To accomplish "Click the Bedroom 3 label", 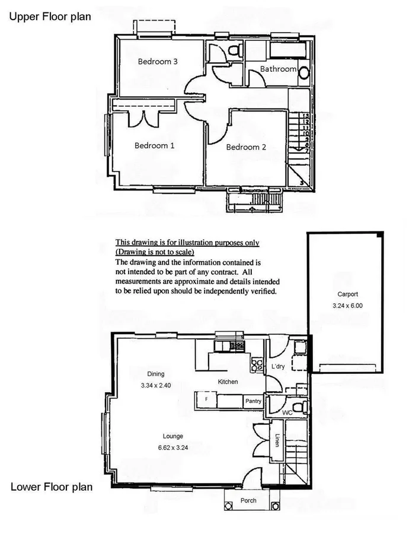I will [x=158, y=61].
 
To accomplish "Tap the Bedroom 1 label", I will [x=154, y=145].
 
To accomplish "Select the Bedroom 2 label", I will [x=246, y=147].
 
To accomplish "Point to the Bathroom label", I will [x=278, y=69].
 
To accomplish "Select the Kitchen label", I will [x=228, y=382].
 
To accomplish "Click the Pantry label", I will [x=253, y=402].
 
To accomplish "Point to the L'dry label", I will [x=278, y=367].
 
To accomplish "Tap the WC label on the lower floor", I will [x=287, y=411].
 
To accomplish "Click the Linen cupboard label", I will [x=277, y=440].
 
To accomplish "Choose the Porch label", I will [x=248, y=501].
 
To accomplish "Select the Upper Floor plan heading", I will [x=49, y=17].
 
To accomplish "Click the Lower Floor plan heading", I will [x=52, y=487].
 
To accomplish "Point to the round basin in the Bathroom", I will [x=303, y=73].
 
